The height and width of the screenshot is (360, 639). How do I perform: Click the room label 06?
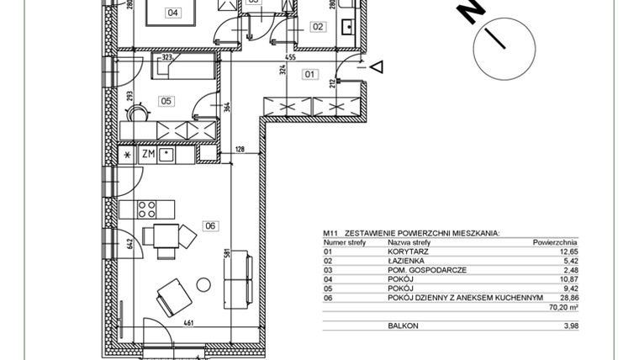click(210, 225)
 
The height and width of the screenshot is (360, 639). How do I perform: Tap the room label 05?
click(166, 101)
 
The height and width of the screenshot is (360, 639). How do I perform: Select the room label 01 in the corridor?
click(309, 74)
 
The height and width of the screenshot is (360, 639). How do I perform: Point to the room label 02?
click(317, 26)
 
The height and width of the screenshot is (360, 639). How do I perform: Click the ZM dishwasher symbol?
click(147, 155)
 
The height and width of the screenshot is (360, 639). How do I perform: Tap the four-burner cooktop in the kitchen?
click(148, 208)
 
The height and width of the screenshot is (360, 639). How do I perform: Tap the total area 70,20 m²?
click(563, 308)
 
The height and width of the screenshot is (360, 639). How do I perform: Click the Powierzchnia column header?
click(555, 241)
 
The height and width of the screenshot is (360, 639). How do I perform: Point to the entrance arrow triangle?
click(377, 66)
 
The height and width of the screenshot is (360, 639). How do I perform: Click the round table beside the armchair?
click(203, 284)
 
